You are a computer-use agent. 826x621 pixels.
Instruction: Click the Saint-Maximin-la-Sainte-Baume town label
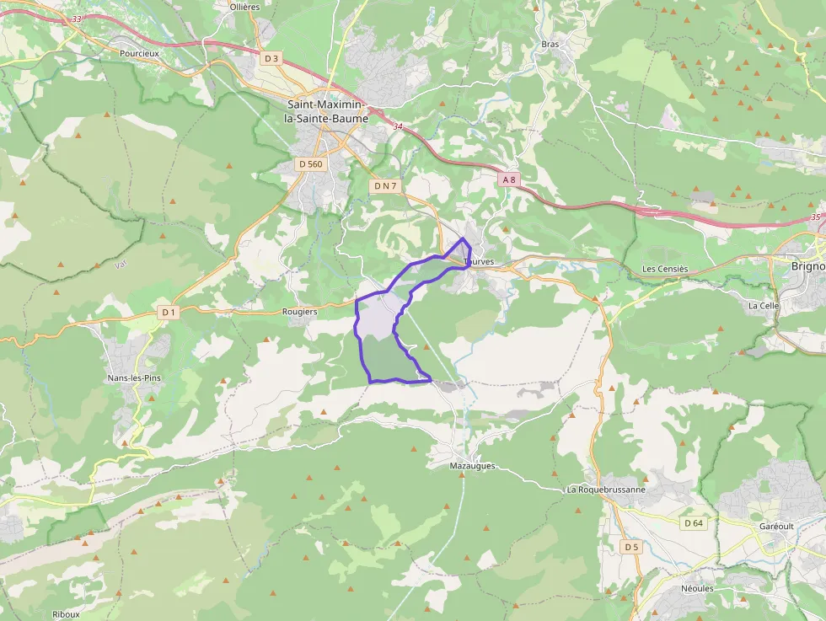pos(327,111)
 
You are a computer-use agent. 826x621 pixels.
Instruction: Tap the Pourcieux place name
pos(139,53)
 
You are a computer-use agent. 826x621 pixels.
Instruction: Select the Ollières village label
pos(244,7)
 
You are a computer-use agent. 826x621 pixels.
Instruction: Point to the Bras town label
pos(550,44)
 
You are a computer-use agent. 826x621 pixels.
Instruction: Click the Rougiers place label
pos(300,312)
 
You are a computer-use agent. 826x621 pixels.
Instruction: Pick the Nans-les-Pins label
pos(134,378)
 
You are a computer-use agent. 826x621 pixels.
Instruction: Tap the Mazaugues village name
pos(473,465)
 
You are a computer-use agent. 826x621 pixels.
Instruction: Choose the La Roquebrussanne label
pos(606,490)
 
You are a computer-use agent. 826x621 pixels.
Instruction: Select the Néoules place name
pos(697,589)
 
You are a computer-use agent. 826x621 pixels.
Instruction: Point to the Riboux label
pos(66,614)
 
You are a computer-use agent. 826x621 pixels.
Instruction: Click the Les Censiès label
pos(665,270)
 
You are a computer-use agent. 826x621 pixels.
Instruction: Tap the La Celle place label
pos(764,305)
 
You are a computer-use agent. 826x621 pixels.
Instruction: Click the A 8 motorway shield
pos(509,179)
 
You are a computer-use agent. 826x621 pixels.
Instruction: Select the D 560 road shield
pos(310,164)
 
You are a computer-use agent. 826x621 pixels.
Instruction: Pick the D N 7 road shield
pos(385,185)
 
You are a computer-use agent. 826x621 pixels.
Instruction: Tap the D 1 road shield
pos(169,313)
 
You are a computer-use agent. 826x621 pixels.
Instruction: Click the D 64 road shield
pos(694,523)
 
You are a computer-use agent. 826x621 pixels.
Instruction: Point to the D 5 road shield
pos(631,547)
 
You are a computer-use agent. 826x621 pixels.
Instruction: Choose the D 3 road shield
pos(271,59)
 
